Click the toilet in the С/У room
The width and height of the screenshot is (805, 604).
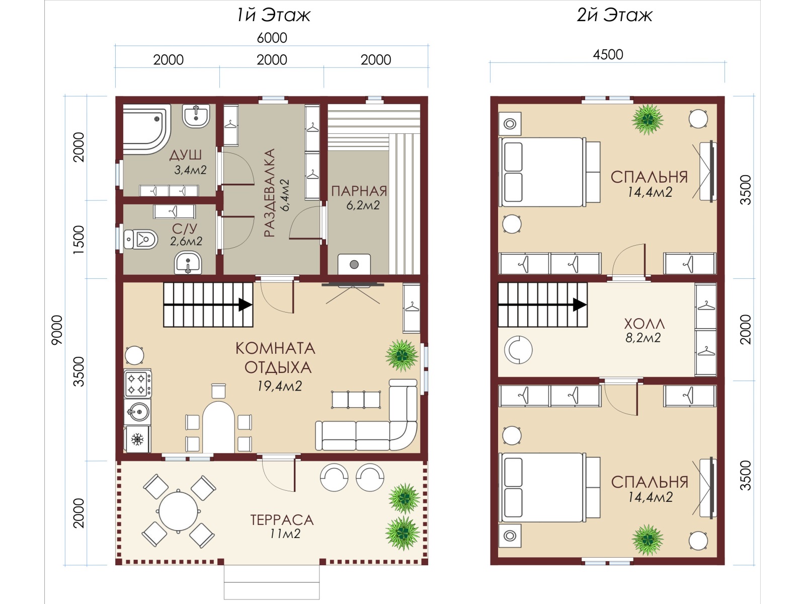[140, 239]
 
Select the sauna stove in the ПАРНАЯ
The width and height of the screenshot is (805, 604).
[354, 264]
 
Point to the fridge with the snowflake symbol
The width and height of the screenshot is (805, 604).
[137, 439]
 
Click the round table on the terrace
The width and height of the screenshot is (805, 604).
[179, 510]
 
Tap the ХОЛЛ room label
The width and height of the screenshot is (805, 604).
[645, 324]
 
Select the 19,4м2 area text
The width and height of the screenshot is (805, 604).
[279, 386]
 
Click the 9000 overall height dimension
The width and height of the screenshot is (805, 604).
[57, 330]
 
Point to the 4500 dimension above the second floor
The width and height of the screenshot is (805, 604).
[608, 55]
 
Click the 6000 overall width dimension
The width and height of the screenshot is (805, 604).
[272, 38]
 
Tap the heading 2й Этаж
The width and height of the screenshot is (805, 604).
[614, 16]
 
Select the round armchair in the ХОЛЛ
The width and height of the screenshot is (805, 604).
[518, 349]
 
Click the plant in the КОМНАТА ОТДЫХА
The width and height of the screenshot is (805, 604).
[401, 355]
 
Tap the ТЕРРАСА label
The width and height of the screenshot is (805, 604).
[282, 520]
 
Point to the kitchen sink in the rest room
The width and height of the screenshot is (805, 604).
[137, 411]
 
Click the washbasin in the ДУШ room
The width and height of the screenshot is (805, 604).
[196, 116]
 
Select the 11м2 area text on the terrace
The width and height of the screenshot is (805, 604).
[285, 534]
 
